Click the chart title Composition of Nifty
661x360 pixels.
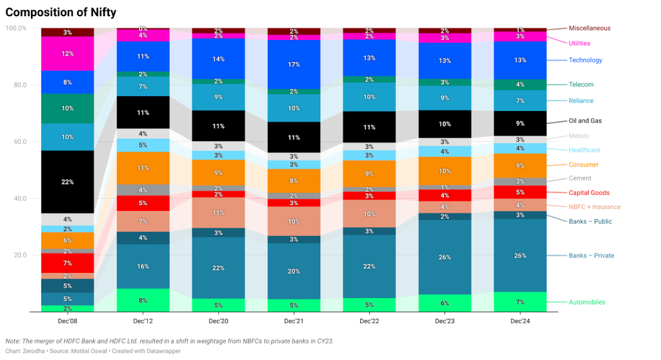(x=61, y=12)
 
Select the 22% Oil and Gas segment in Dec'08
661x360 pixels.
(x=67, y=182)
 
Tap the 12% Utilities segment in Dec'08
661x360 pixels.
(x=67, y=54)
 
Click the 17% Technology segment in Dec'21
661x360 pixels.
(x=294, y=65)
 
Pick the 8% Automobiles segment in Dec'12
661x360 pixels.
(x=143, y=300)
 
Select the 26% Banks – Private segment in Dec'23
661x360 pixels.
(x=445, y=257)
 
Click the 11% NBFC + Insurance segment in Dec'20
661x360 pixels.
(x=218, y=212)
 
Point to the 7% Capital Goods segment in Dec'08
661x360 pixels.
(x=67, y=263)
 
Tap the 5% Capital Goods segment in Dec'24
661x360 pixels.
(x=520, y=192)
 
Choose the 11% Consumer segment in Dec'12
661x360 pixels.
(x=143, y=168)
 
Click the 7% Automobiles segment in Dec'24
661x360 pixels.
(x=520, y=302)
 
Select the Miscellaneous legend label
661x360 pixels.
(x=589, y=28)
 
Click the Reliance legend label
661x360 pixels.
(x=580, y=101)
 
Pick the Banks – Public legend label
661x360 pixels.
(x=590, y=221)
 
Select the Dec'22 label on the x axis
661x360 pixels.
(x=369, y=321)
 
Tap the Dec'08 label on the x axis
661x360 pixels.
(x=67, y=321)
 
